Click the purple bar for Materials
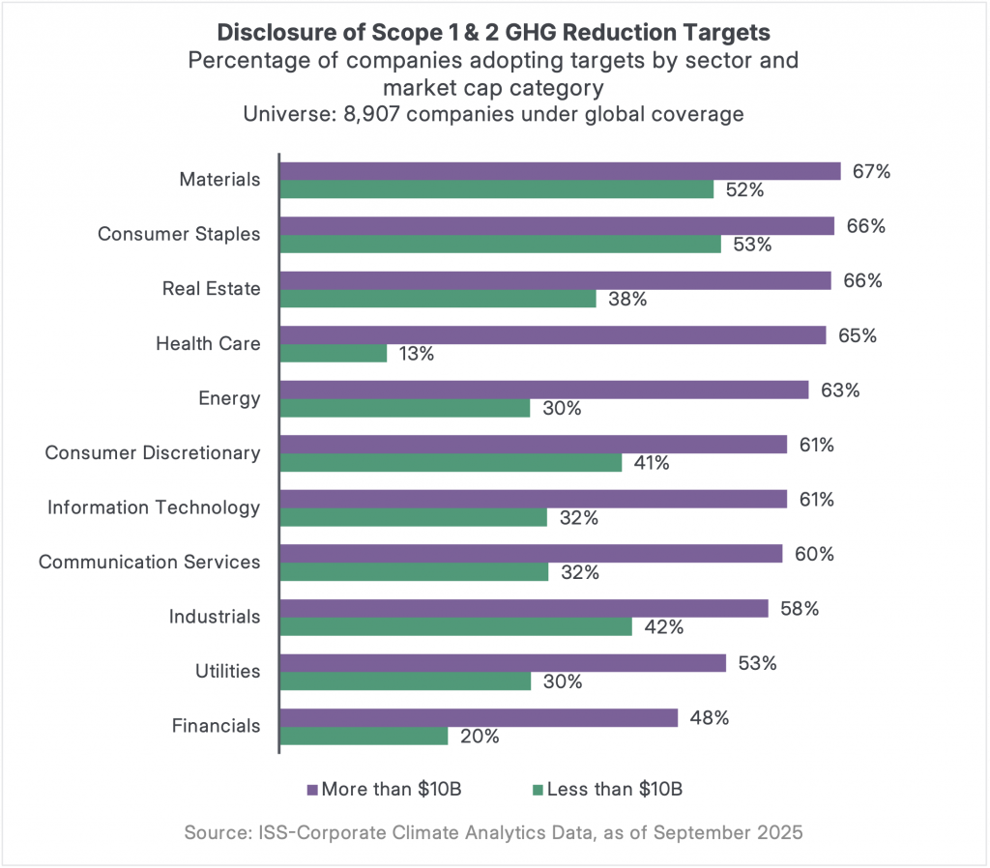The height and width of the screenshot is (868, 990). (560, 171)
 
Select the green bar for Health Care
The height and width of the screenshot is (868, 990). (334, 354)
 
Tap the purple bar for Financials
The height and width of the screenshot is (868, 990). (478, 717)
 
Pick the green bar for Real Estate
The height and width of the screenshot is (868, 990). (438, 299)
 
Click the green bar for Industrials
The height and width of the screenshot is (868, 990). (455, 626)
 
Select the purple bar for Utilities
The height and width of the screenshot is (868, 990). (503, 663)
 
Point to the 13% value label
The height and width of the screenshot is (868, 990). (416, 354)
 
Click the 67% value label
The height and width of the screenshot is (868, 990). (871, 171)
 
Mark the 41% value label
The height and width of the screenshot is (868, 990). (651, 463)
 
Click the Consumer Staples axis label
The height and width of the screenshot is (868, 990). (179, 234)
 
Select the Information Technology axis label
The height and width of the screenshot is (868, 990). (154, 507)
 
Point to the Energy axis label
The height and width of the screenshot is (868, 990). (229, 398)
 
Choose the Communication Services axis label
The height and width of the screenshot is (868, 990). (149, 562)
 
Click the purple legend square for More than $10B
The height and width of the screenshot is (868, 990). (312, 790)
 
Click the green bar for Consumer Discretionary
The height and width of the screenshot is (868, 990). (451, 463)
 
